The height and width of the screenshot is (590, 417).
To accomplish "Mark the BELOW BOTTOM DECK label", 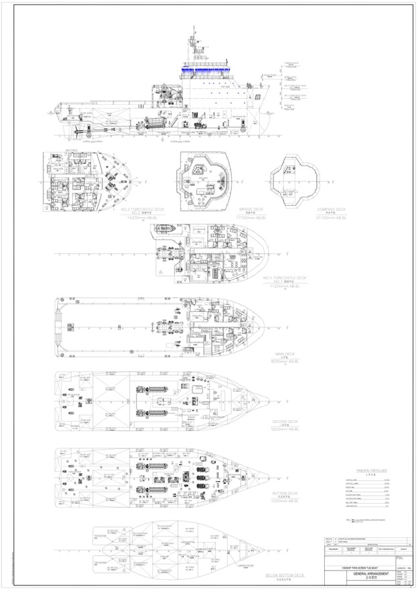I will click(285, 575).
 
